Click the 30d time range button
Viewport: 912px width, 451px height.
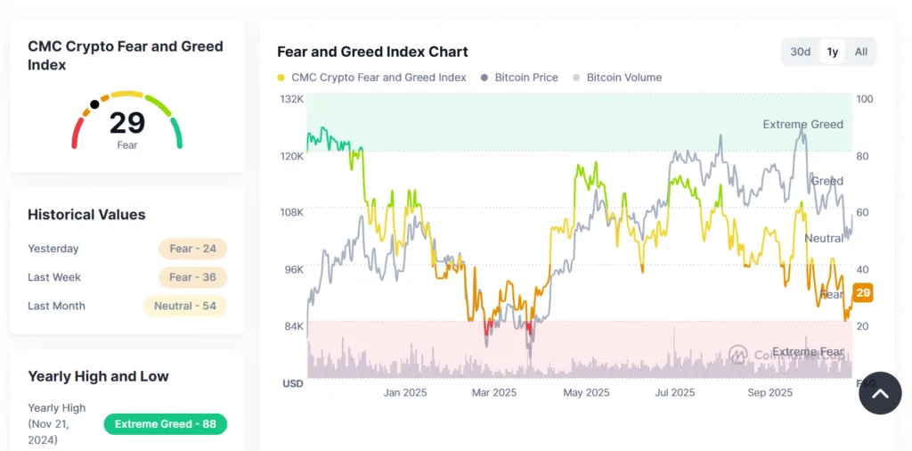[x=800, y=52]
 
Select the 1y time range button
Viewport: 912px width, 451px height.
[x=832, y=52]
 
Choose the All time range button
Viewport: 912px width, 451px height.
[x=860, y=52]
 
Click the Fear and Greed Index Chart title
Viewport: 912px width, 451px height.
[x=372, y=52]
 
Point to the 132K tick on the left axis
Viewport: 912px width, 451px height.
[x=293, y=99]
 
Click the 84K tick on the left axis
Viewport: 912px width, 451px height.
[x=294, y=326]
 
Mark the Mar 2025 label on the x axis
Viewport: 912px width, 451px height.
[x=493, y=392]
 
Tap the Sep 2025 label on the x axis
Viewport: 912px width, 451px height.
[x=769, y=392]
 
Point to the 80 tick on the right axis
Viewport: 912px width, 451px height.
[x=863, y=156]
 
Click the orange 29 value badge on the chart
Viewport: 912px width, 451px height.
[x=862, y=292]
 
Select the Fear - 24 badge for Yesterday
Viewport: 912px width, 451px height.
[x=192, y=249]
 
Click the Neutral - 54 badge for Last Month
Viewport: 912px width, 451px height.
[x=184, y=306]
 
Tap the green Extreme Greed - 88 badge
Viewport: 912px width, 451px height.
[x=165, y=424]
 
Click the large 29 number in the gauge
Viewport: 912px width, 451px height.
[x=127, y=122]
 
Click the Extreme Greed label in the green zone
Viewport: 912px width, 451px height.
[x=802, y=125]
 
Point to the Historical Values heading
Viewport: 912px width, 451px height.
[x=86, y=215]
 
